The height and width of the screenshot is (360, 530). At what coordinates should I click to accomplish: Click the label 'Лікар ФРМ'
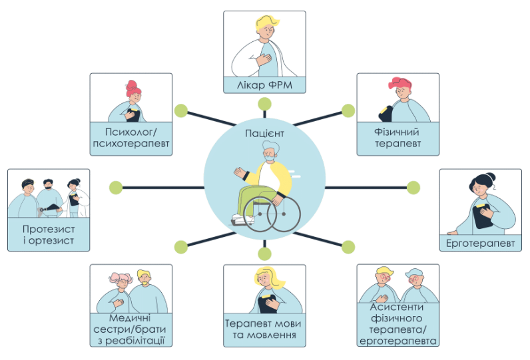pos(264,85)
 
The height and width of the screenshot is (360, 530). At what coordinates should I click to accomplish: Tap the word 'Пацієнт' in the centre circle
pos(264,134)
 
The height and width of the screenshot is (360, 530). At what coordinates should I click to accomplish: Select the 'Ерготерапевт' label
pos(481,243)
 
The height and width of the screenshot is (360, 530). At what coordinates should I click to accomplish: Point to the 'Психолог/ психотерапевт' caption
pos(131,138)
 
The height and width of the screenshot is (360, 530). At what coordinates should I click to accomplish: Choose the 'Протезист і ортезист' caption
pos(48,235)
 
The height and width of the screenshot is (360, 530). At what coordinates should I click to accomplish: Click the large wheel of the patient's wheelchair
pos(284,213)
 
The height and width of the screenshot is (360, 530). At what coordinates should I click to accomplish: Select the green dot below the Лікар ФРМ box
pos(265,104)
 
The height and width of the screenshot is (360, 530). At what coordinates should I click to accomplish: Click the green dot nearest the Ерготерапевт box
pos(413,187)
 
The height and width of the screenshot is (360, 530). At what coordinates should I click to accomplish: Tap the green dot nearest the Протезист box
pos(116,187)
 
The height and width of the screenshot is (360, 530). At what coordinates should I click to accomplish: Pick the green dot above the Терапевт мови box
pos(265,254)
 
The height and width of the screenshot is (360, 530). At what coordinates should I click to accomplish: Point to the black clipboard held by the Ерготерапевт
pos(481,214)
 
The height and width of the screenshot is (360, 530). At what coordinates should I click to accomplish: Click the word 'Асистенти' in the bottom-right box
pos(398,307)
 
